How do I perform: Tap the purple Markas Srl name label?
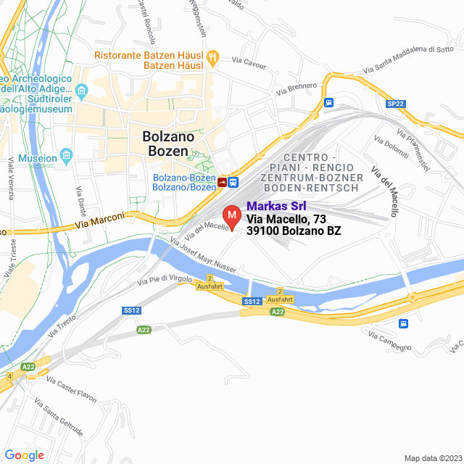point(276,206)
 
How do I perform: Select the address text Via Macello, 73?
point(286,219)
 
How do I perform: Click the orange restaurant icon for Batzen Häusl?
point(212,56)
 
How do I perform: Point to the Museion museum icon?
point(67,157)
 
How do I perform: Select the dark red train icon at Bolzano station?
point(221,182)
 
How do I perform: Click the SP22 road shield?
point(395,104)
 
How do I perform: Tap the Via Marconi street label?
point(99,221)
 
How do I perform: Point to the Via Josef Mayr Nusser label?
point(203,255)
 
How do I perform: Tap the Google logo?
point(24,455)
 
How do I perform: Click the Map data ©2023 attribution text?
point(432,457)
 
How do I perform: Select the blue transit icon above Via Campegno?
point(402,323)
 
